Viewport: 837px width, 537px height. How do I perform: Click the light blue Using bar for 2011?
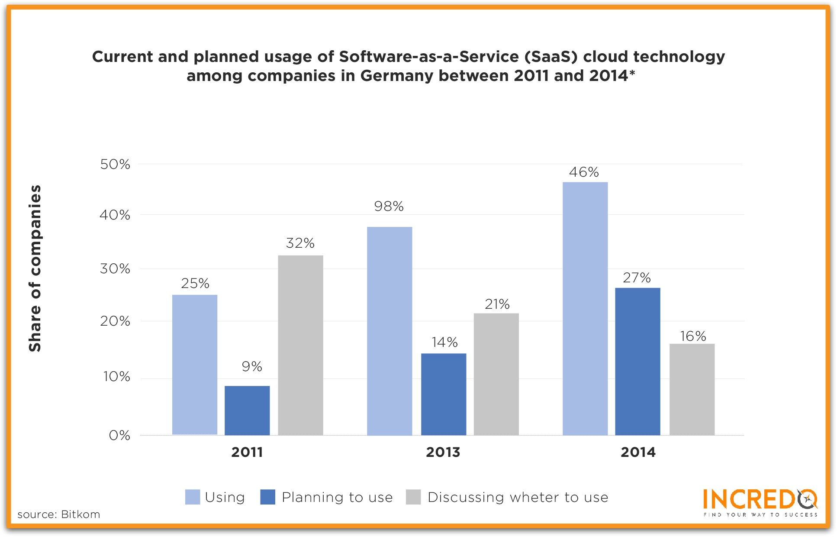[195, 365]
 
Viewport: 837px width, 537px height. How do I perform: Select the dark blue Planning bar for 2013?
[444, 394]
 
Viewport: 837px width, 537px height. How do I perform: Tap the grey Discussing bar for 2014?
[692, 389]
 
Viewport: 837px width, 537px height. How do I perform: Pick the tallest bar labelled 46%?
[585, 308]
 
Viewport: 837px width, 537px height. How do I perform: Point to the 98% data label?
[389, 207]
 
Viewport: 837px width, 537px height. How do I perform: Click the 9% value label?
[252, 367]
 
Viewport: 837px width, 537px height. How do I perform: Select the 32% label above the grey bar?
[300, 243]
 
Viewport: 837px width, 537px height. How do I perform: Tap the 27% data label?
[637, 278]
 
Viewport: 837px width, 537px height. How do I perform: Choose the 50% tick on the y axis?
[115, 165]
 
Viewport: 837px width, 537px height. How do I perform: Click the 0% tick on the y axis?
[119, 435]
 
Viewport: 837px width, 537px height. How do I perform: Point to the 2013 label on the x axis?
[443, 452]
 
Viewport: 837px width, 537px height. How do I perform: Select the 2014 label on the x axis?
[638, 452]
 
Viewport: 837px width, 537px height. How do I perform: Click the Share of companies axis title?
[35, 268]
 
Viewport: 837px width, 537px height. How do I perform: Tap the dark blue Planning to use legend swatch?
[268, 497]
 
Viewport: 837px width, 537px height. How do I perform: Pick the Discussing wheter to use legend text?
[518, 498]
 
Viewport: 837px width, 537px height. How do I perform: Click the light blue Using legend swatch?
[193, 497]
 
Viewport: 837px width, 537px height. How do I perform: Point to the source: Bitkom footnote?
[59, 514]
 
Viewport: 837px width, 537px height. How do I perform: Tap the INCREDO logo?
[760, 502]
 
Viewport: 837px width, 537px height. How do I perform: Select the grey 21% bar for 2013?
[496, 374]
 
